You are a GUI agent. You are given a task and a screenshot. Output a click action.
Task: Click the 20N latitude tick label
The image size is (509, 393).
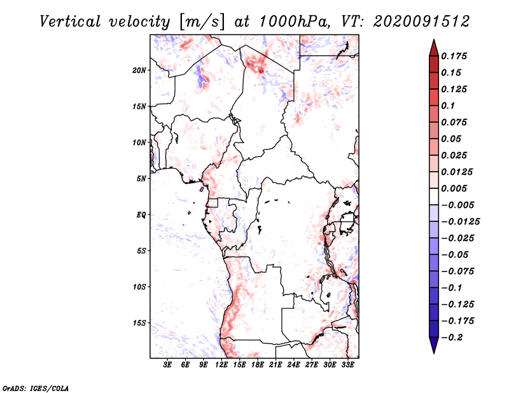coord(140,70)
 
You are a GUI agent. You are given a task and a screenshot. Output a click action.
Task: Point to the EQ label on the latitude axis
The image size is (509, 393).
coord(141,215)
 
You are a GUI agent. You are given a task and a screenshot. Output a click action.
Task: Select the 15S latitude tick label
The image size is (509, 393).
coord(140,323)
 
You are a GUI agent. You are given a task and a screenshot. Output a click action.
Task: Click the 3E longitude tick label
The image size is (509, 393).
coord(168,366)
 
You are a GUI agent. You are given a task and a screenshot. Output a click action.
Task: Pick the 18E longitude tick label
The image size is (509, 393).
coord(258,366)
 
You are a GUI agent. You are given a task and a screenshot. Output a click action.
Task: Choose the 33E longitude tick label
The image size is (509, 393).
coord(347,366)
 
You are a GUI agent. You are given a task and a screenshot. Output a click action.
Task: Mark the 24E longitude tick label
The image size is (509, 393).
coord(294,366)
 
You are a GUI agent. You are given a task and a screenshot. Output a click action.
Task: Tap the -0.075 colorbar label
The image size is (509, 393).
coord(459,272)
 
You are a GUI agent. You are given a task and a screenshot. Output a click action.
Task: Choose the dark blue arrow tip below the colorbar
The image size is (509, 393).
coord(433,347)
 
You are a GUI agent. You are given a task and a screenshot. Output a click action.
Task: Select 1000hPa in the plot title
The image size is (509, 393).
coord(292,21)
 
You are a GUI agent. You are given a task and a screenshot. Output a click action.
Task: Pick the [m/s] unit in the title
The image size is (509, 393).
coord(202,21)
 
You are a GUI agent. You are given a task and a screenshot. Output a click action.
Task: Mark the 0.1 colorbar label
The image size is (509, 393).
coord(449,106)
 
